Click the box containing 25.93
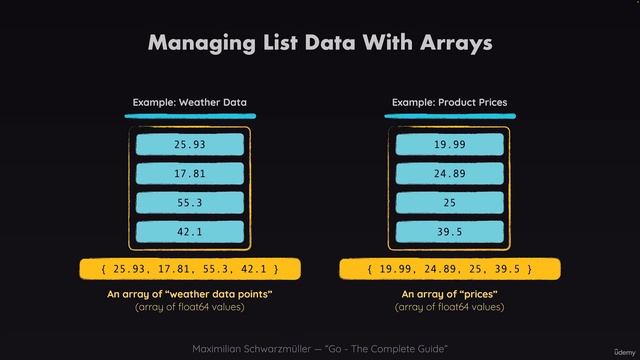189,145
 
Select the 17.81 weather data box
189,174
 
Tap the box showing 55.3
189,203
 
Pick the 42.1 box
189,233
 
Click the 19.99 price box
449,145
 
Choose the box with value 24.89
449,174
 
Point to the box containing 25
449,203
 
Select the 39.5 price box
449,233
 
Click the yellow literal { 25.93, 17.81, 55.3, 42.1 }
189,269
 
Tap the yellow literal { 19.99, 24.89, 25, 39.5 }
449,269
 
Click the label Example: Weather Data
189,102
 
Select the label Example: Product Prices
449,102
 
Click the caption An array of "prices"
449,295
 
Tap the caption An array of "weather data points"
189,295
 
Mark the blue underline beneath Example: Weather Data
189,116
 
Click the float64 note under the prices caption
449,307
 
